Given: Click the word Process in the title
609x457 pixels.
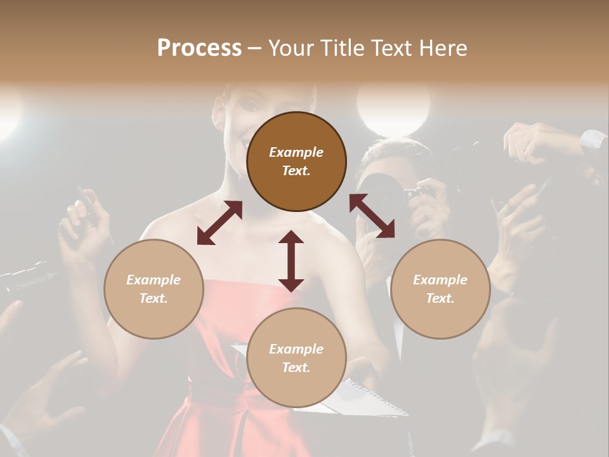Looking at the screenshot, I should [199, 48].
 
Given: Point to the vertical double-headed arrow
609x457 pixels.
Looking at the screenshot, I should [291, 261].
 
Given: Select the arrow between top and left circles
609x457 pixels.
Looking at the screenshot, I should [219, 223].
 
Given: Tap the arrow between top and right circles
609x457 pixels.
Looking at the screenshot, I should [372, 216].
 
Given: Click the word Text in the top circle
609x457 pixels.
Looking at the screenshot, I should [295, 171].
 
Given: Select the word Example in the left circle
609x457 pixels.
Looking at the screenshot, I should [154, 280].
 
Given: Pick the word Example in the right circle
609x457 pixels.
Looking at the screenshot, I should [440, 280].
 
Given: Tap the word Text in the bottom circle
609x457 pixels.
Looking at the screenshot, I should [295, 368].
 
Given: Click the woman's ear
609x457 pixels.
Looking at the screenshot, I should [219, 114].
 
